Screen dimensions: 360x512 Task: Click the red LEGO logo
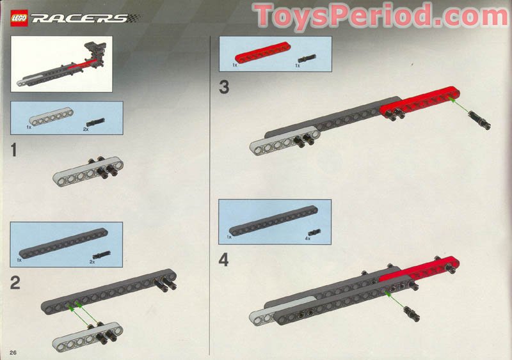(19, 18)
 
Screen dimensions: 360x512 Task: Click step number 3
(223, 88)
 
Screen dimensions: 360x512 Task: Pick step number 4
(223, 260)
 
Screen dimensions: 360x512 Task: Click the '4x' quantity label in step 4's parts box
(308, 239)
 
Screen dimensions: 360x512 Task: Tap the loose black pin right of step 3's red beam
(478, 120)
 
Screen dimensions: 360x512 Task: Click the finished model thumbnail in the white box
(61, 63)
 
